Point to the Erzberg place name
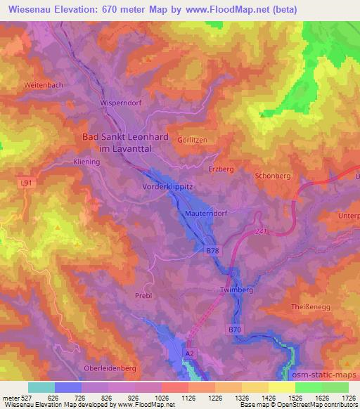[x=221, y=169]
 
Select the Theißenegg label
[x=311, y=308]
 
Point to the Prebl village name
[x=143, y=296]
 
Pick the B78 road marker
[x=212, y=249]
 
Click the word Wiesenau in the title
[x=30, y=9]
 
